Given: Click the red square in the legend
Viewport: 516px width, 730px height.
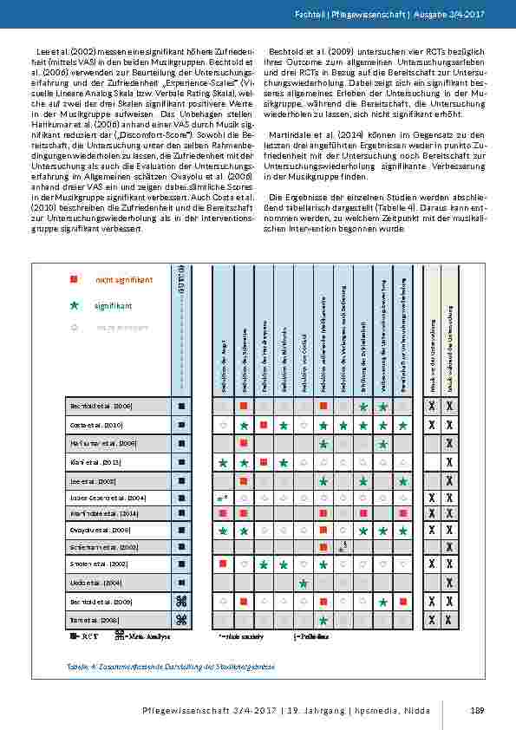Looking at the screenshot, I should click(x=75, y=279).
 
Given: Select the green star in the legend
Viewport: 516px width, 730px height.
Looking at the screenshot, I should click(x=75, y=305).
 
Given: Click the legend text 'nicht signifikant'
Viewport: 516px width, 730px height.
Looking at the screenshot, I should click(x=124, y=279).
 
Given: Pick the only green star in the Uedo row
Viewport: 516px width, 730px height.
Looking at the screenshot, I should click(x=303, y=583).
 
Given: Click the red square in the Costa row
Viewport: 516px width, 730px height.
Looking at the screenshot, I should click(x=263, y=425).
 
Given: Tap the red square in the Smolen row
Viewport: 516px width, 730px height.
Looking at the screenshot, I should click(x=223, y=564).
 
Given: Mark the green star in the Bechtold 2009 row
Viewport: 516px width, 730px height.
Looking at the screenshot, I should click(x=382, y=601).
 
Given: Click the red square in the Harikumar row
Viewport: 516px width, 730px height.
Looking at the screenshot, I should click(x=244, y=443).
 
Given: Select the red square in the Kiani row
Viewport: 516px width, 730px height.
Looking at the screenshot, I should click(x=263, y=462).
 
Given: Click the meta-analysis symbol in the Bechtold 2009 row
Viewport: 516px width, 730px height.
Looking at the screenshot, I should click(x=181, y=601).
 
